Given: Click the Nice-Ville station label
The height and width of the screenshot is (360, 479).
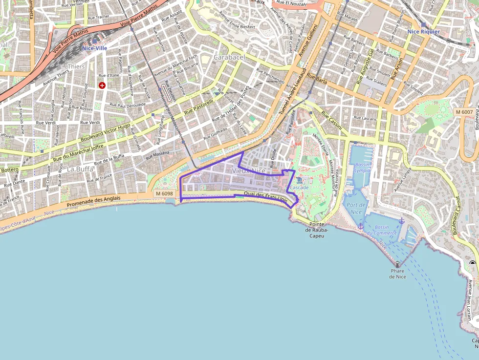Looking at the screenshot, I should pyautogui.click(x=94, y=48).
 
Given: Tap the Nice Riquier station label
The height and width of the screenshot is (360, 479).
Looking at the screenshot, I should pyautogui.click(x=423, y=31).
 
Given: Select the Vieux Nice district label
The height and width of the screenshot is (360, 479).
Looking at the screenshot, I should pyautogui.click(x=249, y=170).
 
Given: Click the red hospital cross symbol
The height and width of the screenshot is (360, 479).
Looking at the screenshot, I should pyautogui.click(x=102, y=85).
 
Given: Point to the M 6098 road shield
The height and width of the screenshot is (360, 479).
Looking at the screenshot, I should pyautogui.click(x=164, y=194).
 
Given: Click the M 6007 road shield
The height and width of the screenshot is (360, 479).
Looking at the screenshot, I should pyautogui.click(x=464, y=112).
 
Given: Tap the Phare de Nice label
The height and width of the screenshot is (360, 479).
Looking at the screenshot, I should pyautogui.click(x=397, y=274).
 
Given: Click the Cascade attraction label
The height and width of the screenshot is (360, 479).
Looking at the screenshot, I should pyautogui.click(x=299, y=188).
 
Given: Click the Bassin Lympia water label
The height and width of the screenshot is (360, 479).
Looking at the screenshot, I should pyautogui.click(x=362, y=168).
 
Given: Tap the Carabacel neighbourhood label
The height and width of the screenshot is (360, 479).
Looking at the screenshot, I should pyautogui.click(x=229, y=57).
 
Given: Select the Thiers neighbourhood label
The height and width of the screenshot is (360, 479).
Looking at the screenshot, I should pyautogui.click(x=76, y=66).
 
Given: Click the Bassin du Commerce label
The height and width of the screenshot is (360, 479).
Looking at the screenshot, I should pyautogui.click(x=382, y=230).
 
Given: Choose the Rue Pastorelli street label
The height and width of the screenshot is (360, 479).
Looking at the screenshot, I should pyautogui.click(x=199, y=107).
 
